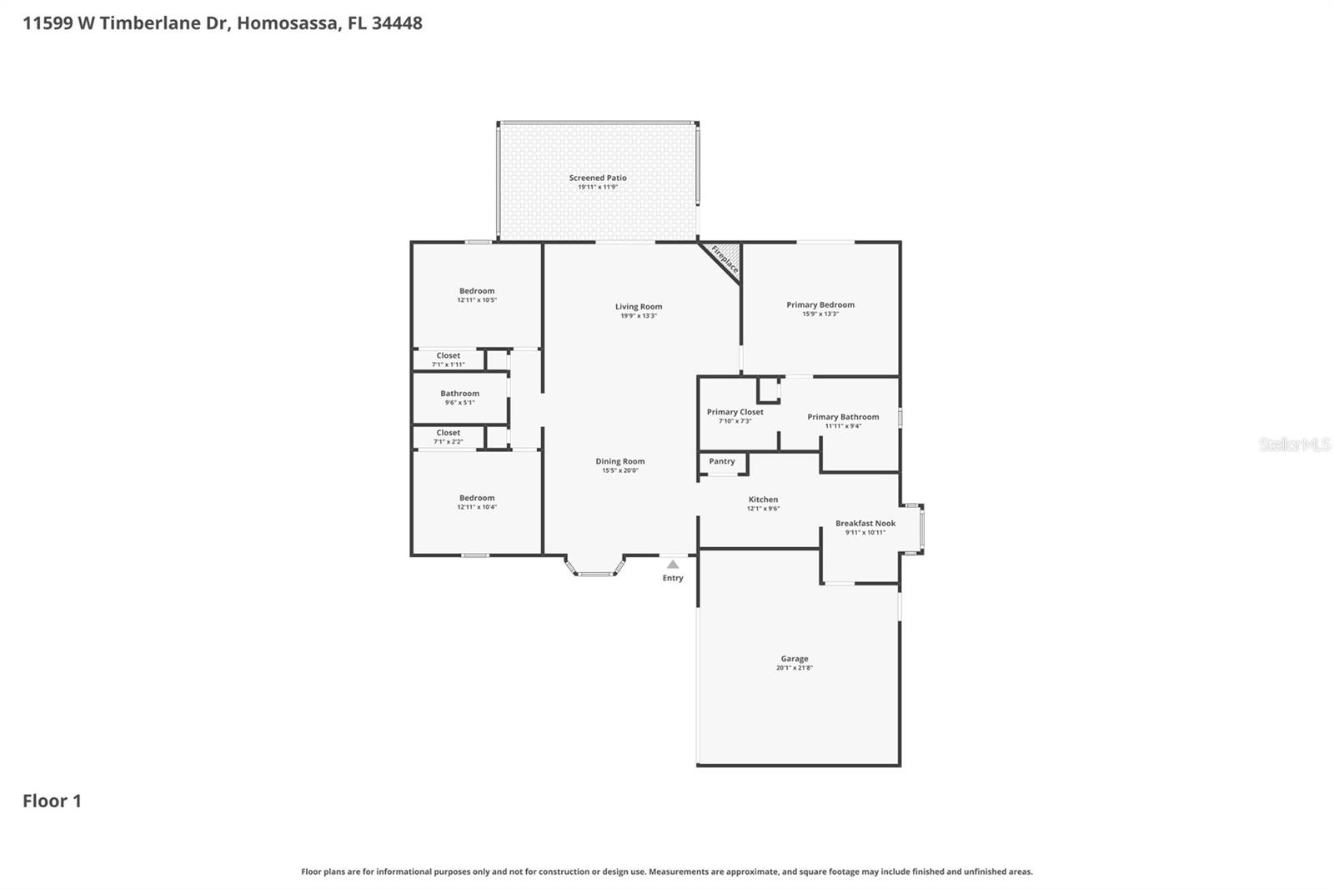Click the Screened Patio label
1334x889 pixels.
click(x=598, y=178)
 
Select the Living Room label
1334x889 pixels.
click(x=639, y=307)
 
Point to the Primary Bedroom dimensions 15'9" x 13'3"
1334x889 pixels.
click(x=820, y=314)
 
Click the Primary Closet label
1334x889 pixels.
click(x=735, y=412)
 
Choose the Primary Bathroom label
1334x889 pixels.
click(x=843, y=417)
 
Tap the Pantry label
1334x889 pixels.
click(x=722, y=461)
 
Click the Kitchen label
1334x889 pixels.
click(x=763, y=500)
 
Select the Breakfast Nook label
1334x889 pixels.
click(x=865, y=524)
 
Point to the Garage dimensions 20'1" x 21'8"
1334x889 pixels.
click(x=794, y=668)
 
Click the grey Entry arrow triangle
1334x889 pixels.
click(x=673, y=565)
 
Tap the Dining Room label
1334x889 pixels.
click(x=619, y=461)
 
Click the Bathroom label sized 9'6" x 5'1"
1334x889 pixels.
click(x=459, y=394)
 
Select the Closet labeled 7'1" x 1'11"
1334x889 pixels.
click(x=448, y=356)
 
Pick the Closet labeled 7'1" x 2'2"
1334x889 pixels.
click(x=448, y=433)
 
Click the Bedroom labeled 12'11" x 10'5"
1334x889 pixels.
click(x=476, y=291)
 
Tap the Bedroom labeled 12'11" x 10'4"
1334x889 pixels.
click(x=476, y=498)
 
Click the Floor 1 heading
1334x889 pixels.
click(x=52, y=801)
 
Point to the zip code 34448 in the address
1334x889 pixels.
click(x=397, y=23)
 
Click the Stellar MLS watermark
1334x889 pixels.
click(x=1294, y=444)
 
